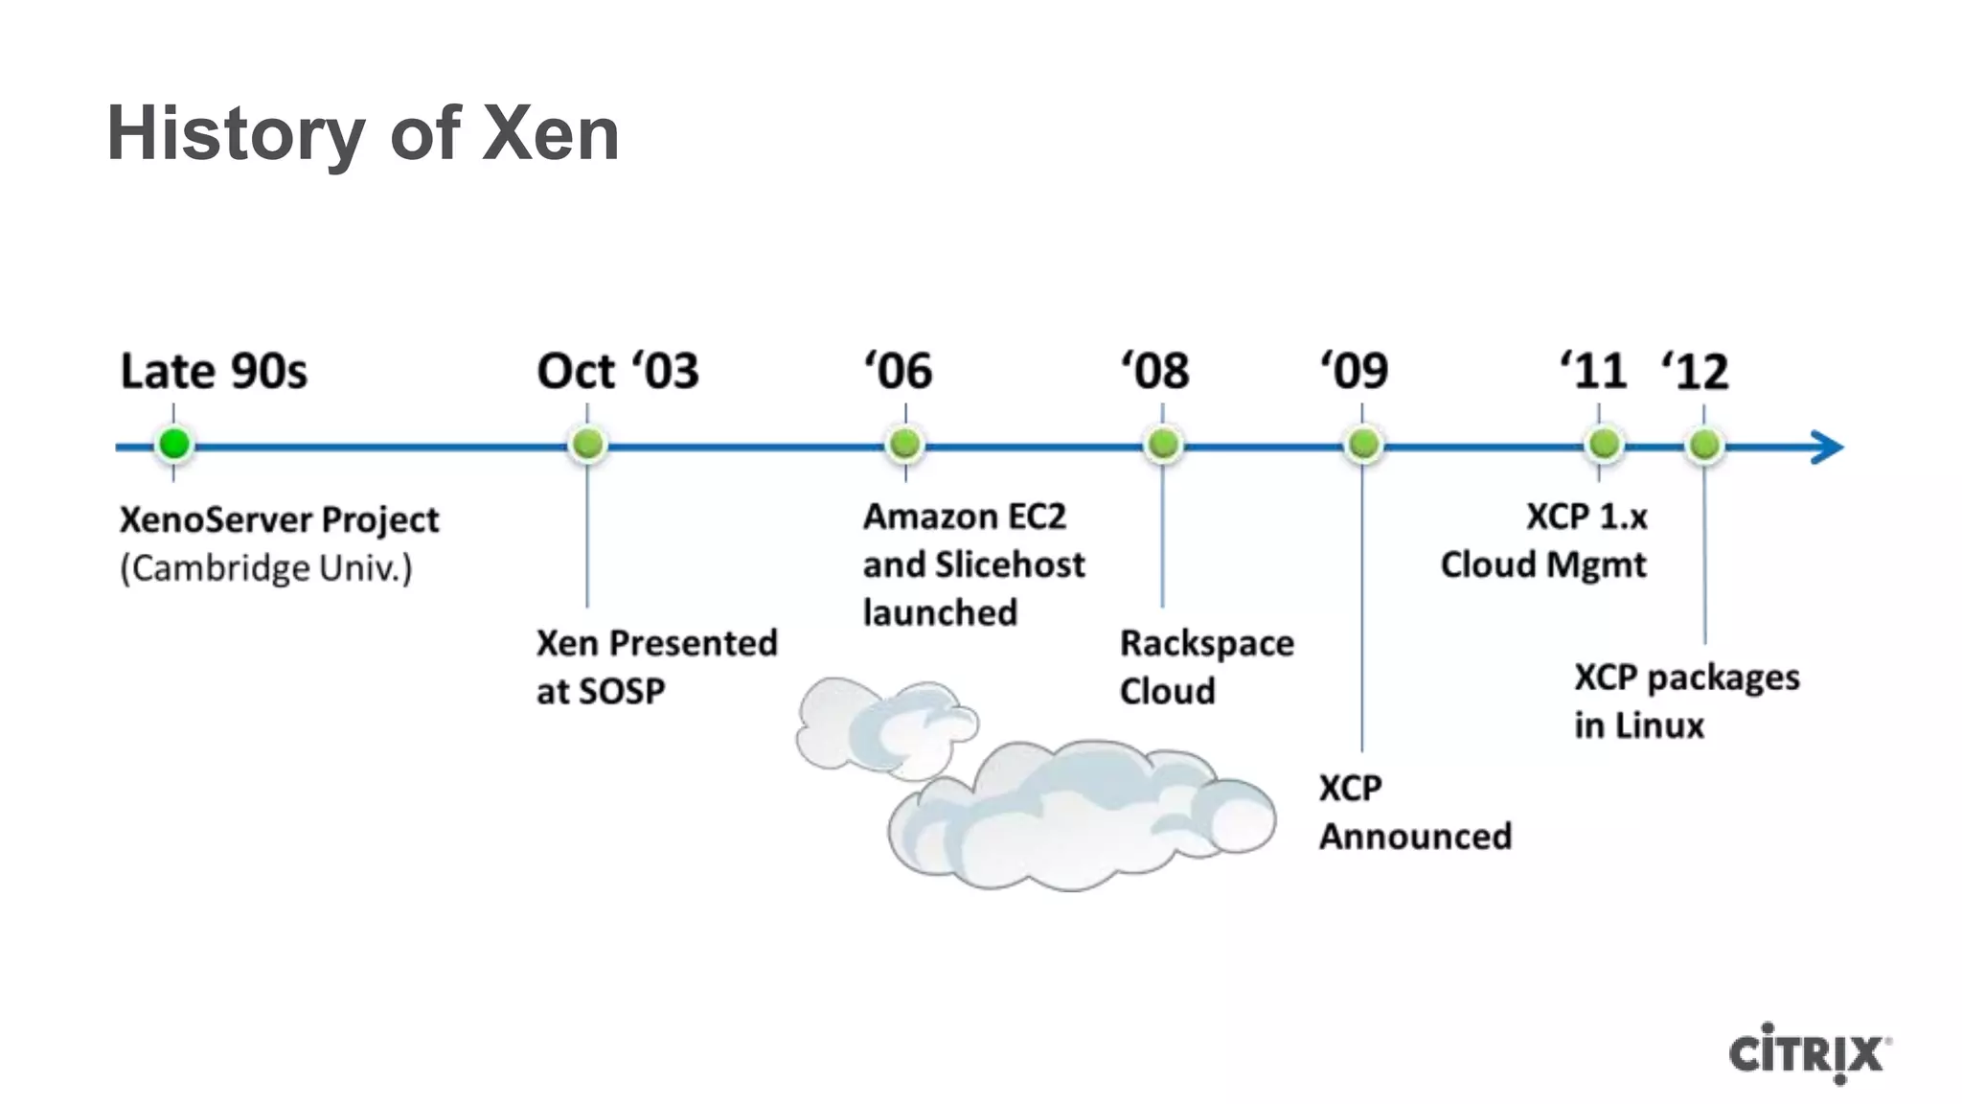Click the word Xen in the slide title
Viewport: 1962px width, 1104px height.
(x=550, y=134)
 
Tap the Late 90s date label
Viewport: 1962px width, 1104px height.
(x=214, y=371)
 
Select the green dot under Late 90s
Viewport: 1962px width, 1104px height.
(x=174, y=445)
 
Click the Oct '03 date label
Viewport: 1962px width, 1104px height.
(x=618, y=371)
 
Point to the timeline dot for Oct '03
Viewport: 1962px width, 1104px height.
(x=587, y=445)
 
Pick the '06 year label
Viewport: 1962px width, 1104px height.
(x=899, y=371)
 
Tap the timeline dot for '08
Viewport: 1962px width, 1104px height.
(x=1163, y=445)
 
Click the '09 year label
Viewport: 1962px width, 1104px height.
(x=1355, y=371)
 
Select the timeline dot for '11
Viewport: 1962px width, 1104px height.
(x=1603, y=445)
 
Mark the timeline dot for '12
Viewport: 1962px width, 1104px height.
(x=1704, y=445)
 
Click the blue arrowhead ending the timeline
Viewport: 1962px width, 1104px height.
(x=1827, y=447)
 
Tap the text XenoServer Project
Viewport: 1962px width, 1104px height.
(x=279, y=520)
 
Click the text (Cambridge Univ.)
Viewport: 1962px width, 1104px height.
(x=266, y=568)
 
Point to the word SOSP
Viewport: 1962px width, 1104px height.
(x=627, y=692)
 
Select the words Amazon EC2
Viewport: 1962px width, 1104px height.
(x=964, y=517)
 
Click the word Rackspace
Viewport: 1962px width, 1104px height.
(x=1206, y=644)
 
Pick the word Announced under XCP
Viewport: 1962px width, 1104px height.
(x=1415, y=837)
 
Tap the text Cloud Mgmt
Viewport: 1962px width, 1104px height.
(x=1542, y=565)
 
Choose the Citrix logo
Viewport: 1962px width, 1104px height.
(x=1809, y=1053)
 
